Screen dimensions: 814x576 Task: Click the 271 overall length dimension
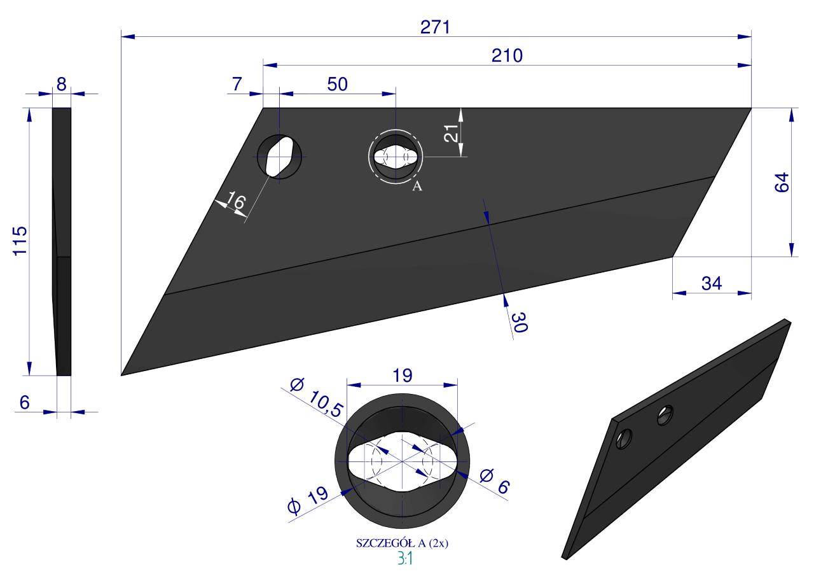click(x=435, y=27)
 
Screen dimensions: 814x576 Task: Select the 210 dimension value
click(x=507, y=55)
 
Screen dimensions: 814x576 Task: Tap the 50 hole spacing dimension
click(x=337, y=85)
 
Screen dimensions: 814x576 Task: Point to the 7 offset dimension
click(x=237, y=85)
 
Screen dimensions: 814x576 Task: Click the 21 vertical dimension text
click(x=451, y=133)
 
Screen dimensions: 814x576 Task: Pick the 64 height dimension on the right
click(x=782, y=182)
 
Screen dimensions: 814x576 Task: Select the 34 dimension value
click(x=712, y=283)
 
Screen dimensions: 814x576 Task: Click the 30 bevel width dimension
click(x=520, y=322)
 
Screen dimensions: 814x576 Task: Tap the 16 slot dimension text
click(x=236, y=200)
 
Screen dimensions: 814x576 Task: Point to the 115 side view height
click(x=20, y=241)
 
